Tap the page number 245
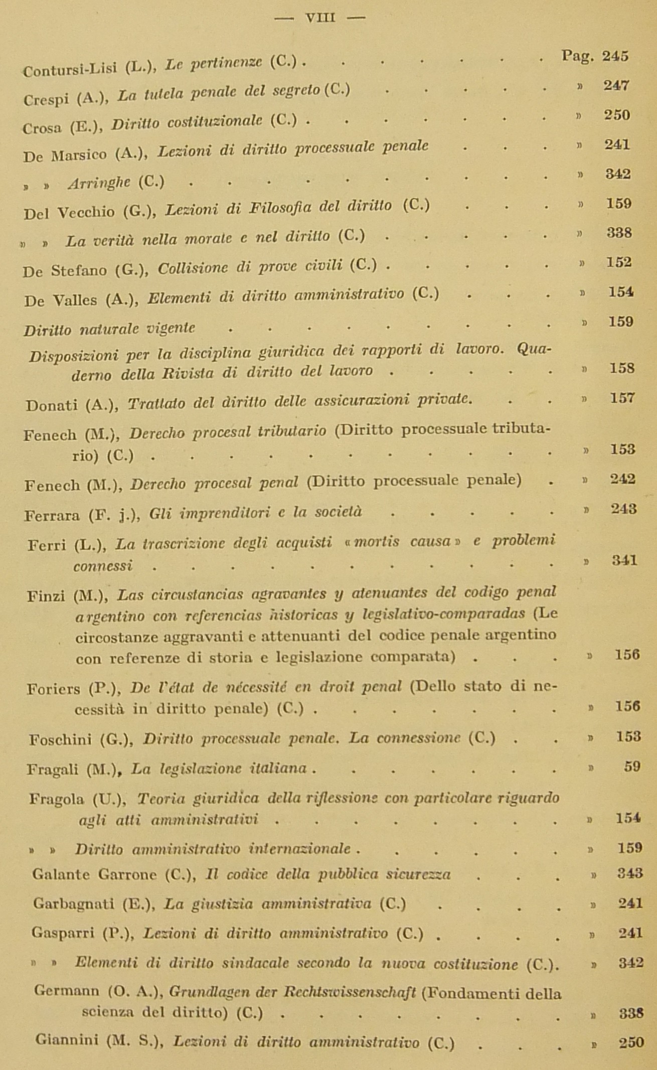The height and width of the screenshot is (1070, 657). (615, 56)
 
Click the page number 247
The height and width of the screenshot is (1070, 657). (616, 85)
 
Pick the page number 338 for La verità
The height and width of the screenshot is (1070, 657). (618, 233)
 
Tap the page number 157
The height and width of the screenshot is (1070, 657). (622, 399)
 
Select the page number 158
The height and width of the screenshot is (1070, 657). (622, 369)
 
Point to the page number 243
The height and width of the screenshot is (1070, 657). (624, 509)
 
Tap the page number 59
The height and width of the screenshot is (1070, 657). (632, 767)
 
